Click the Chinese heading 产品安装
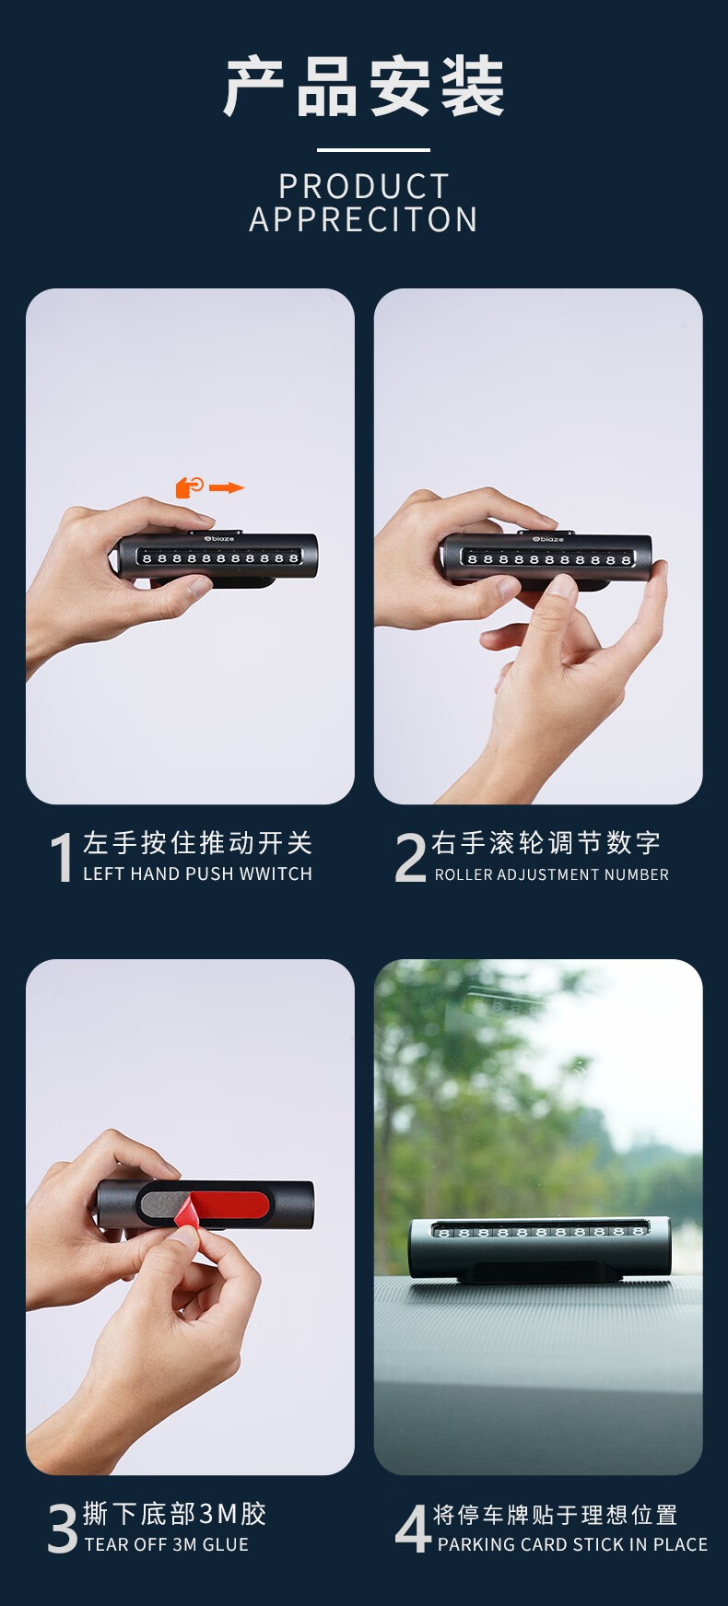click(x=364, y=87)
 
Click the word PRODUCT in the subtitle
click(x=364, y=187)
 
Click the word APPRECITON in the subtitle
click(x=364, y=220)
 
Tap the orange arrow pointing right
click(x=227, y=487)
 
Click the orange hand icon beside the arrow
click(x=190, y=486)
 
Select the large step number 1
click(x=61, y=857)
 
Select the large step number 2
click(x=410, y=857)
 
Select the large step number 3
click(x=63, y=1528)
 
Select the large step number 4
click(x=412, y=1528)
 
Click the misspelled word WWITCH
click(x=276, y=873)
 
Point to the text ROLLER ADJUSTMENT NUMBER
click(x=552, y=874)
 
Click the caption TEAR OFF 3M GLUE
click(x=167, y=1544)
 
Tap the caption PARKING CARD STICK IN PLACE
click(x=573, y=1544)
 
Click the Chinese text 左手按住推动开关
click(x=198, y=843)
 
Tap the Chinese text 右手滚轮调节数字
click(x=546, y=843)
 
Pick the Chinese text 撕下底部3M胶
click(x=175, y=1514)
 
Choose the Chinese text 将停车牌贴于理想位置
click(x=556, y=1515)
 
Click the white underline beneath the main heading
click(x=373, y=149)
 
